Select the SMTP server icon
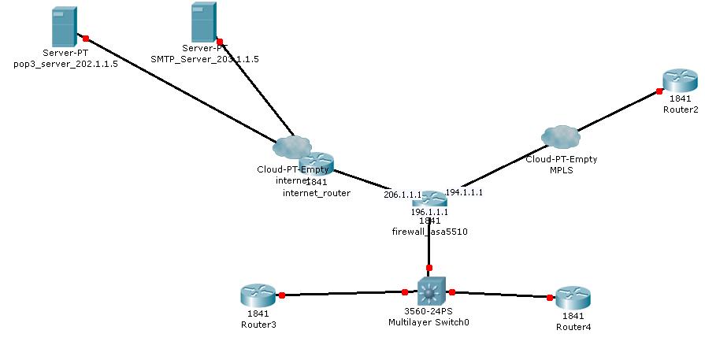click(203, 22)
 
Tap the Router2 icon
click(680, 80)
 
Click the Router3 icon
click(257, 296)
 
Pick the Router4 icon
click(573, 299)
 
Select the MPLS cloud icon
click(560, 137)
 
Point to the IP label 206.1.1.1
click(402, 195)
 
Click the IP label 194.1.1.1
click(464, 191)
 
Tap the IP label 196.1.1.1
click(429, 212)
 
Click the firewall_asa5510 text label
click(425, 232)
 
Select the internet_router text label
click(317, 192)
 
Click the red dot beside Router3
click(282, 295)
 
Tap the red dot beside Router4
click(549, 297)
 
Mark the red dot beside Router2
click(659, 91)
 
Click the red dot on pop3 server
click(85, 37)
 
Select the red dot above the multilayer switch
click(429, 268)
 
